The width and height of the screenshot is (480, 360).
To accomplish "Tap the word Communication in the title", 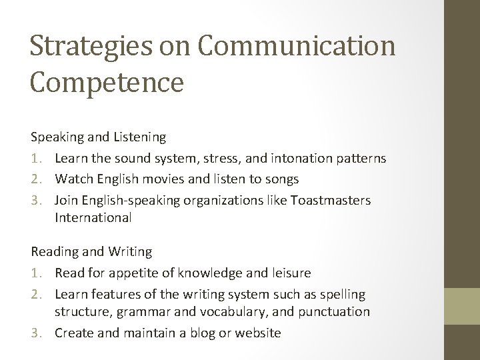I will [297, 47].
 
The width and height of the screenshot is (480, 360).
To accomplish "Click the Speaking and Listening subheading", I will [99, 137].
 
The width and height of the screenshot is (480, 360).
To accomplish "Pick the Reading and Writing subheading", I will [91, 252].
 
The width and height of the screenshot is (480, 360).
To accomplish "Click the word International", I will [94, 217].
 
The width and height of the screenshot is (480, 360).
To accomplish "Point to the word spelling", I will [341, 294].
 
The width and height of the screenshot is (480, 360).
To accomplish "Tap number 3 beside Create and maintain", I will [37, 333].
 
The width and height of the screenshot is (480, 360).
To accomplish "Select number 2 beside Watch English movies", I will [37, 179].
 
